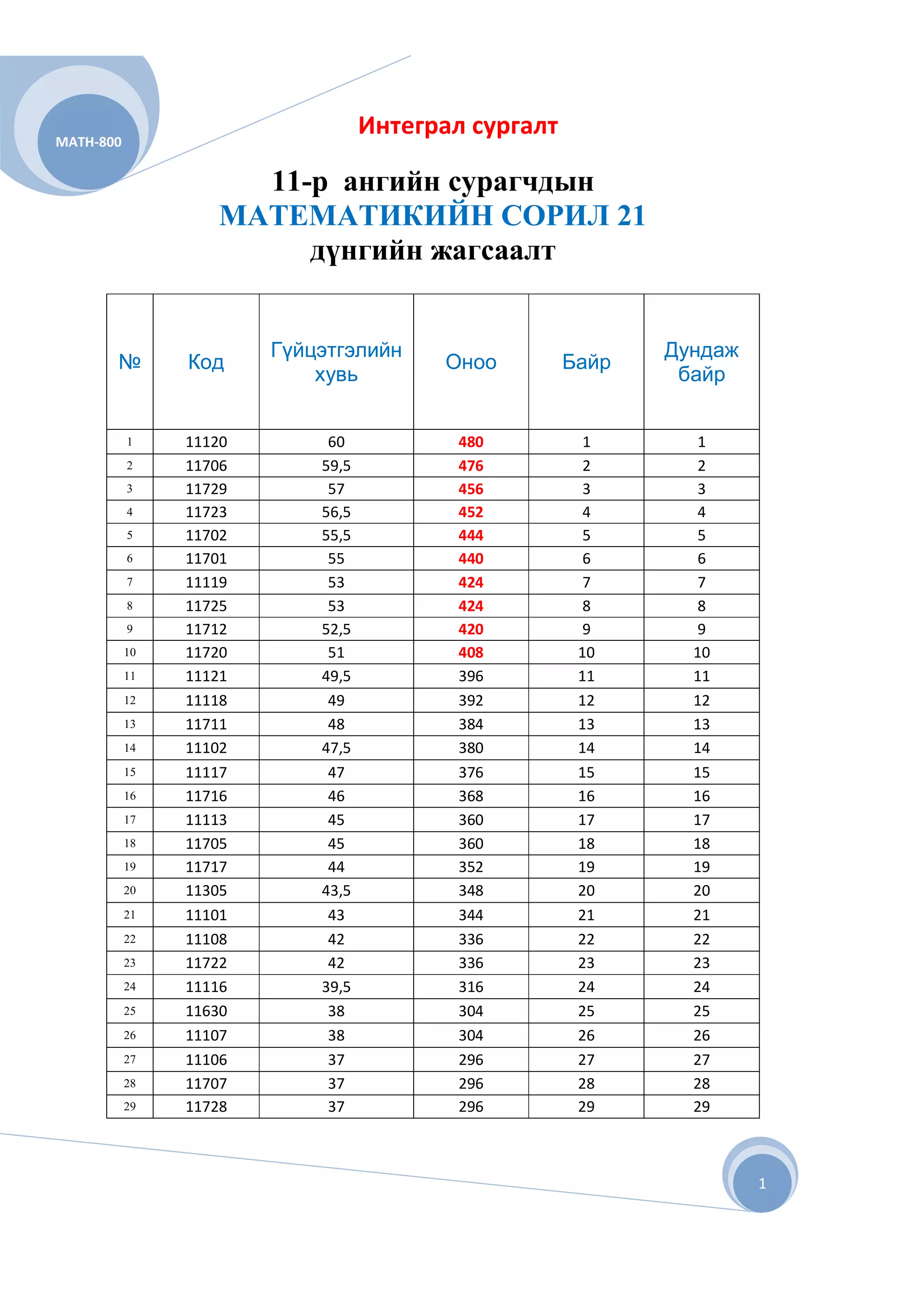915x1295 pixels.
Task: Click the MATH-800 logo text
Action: [x=88, y=142]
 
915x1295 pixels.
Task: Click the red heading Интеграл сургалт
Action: [x=458, y=126]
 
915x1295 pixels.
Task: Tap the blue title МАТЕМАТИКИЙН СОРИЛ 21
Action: [x=432, y=215]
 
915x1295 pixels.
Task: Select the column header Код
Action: [x=206, y=362]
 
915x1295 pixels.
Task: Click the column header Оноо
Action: [x=471, y=362]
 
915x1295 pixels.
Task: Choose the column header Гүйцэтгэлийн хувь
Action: [x=336, y=362]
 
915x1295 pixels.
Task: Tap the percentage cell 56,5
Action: [x=336, y=512]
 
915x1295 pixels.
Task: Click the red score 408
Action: [x=471, y=652]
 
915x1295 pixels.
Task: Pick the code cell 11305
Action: [x=206, y=890]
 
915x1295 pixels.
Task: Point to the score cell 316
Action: [x=471, y=987]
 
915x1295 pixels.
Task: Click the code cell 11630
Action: [x=206, y=1011]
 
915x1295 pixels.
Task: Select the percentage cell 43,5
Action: [x=336, y=890]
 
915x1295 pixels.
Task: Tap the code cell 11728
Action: [x=206, y=1106]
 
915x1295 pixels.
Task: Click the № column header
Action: [x=130, y=362]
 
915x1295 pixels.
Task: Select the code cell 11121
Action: [x=206, y=676]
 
